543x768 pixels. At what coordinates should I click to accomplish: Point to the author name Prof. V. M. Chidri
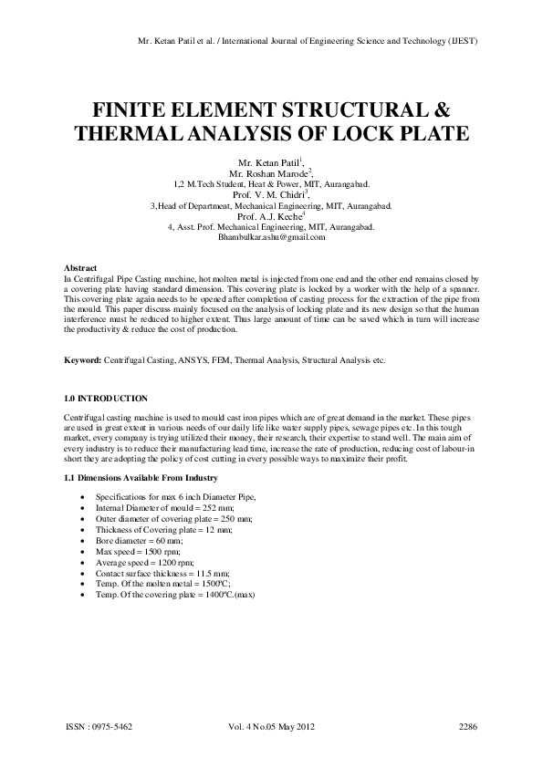[269, 194]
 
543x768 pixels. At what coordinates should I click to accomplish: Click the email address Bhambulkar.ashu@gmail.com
[271, 237]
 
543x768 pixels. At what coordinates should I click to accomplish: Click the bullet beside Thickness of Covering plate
[84, 529]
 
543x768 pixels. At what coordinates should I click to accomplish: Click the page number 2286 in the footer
[468, 727]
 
